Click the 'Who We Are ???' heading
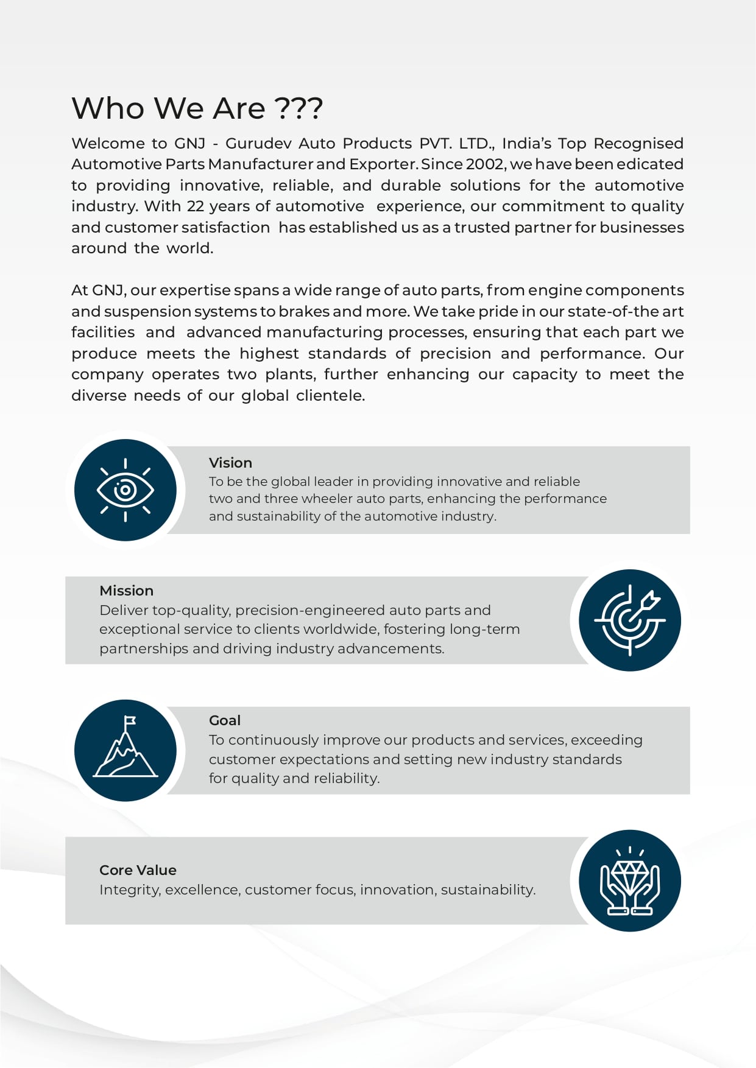coord(197,108)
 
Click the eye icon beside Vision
coord(125,490)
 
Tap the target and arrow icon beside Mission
coord(630,620)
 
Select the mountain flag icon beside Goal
coord(125,750)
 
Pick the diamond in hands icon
coord(630,880)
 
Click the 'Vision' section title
coord(230,463)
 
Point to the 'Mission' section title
coord(126,591)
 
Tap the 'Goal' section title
coord(225,720)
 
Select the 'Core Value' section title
coord(138,870)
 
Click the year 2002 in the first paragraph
coord(485,164)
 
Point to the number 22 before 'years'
coord(196,206)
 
